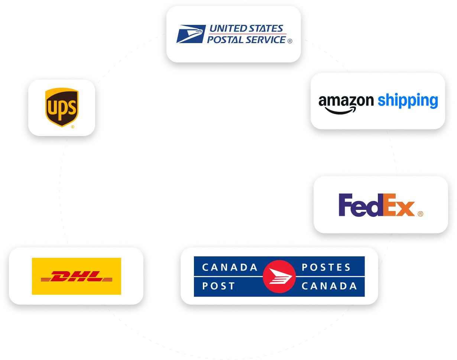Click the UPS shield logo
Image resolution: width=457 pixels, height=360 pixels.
62,107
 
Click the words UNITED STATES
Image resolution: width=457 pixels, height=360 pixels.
246,28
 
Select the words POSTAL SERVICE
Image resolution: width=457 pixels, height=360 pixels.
246,39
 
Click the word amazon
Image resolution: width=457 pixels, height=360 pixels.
346,101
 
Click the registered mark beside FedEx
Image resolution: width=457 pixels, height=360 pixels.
420,214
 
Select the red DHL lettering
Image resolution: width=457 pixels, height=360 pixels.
76,276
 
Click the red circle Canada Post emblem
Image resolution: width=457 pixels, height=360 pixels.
279,277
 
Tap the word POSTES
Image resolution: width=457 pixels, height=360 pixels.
326,267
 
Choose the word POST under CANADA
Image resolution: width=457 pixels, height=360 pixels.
218,286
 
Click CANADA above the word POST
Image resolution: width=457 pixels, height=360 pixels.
230,267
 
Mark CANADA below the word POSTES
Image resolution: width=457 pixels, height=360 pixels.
329,286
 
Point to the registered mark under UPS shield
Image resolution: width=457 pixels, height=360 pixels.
72,127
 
